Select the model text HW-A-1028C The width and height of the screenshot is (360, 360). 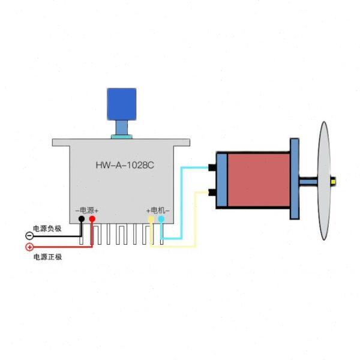pyautogui.click(x=125, y=164)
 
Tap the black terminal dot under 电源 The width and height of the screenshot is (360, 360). pyautogui.click(x=82, y=220)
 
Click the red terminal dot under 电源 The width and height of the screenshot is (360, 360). pyautogui.click(x=92, y=220)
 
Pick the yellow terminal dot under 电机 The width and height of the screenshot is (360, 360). pyautogui.click(x=151, y=220)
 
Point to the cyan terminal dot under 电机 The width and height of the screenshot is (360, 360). pyautogui.click(x=161, y=220)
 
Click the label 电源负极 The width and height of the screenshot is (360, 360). pyautogui.click(x=47, y=228)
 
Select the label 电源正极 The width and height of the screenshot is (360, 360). pyautogui.click(x=47, y=257)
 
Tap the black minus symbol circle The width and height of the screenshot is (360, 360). pyautogui.click(x=29, y=236)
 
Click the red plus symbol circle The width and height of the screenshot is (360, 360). pyautogui.click(x=29, y=247)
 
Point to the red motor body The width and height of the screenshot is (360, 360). pyautogui.click(x=258, y=178)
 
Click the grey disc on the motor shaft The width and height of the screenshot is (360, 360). pyautogui.click(x=325, y=180)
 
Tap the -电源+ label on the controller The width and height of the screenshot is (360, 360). pyautogui.click(x=87, y=210)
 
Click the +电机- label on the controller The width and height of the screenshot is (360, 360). pyautogui.click(x=158, y=210)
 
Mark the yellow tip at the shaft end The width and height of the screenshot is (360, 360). pyautogui.click(x=334, y=179)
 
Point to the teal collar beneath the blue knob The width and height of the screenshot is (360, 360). pyautogui.click(x=121, y=137)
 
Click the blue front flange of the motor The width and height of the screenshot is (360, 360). pyautogui.click(x=294, y=179)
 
